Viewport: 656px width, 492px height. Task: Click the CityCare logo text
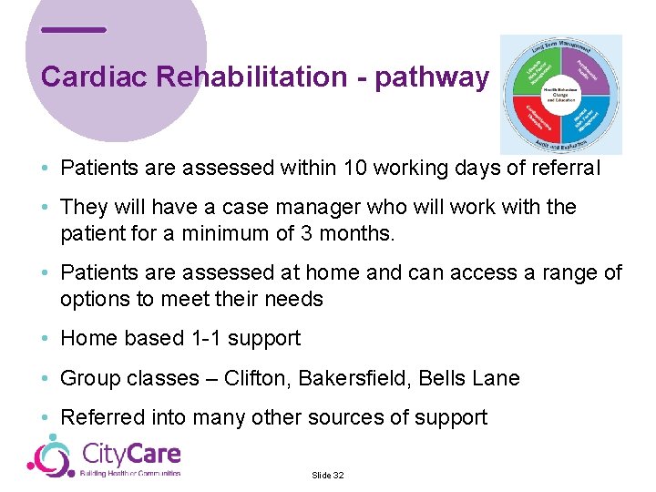click(131, 453)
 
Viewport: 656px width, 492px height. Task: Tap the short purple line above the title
click(74, 30)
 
